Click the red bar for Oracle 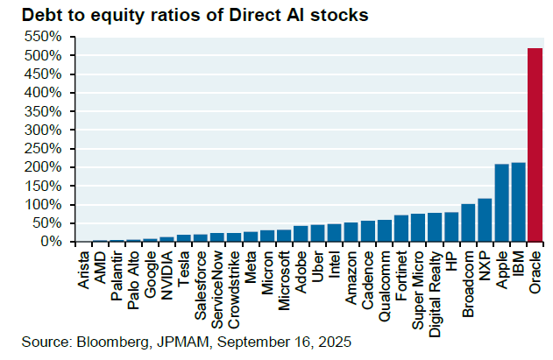click(x=535, y=145)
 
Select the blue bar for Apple click(x=502, y=202)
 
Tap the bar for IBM click(x=519, y=201)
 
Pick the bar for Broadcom click(x=468, y=222)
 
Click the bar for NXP click(x=485, y=220)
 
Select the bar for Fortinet click(x=401, y=228)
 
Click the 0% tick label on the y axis click(x=51, y=242)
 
